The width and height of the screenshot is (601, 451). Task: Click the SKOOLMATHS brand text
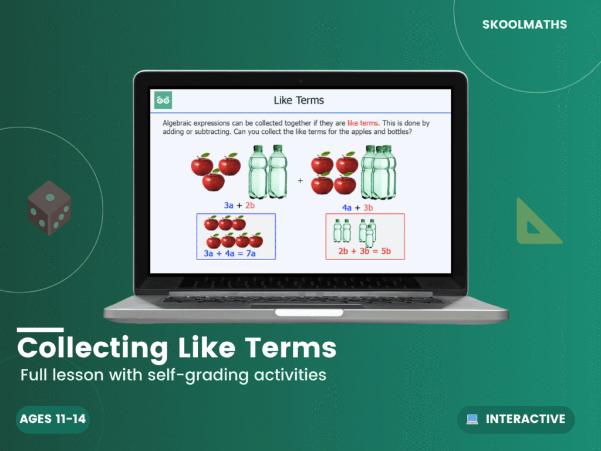point(524,25)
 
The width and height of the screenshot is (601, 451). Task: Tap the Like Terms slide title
point(299,100)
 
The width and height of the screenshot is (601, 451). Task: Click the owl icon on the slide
point(163,100)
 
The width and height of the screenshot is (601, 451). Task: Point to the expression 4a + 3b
point(358,208)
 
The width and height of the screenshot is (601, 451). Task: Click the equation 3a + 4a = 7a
point(229,253)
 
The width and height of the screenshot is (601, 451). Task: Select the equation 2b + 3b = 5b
point(364,252)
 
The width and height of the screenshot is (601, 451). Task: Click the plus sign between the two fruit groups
point(300,181)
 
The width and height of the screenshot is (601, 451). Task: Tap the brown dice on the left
point(49,208)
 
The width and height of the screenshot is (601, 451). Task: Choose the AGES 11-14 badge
point(52,419)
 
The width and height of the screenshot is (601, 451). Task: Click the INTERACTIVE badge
point(516,419)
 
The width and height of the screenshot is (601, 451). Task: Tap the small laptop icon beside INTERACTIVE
point(472,419)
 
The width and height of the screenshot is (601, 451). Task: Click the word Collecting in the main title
point(85,348)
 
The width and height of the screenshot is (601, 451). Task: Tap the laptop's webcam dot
point(300,80)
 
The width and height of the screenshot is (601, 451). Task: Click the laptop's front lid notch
point(309,311)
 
